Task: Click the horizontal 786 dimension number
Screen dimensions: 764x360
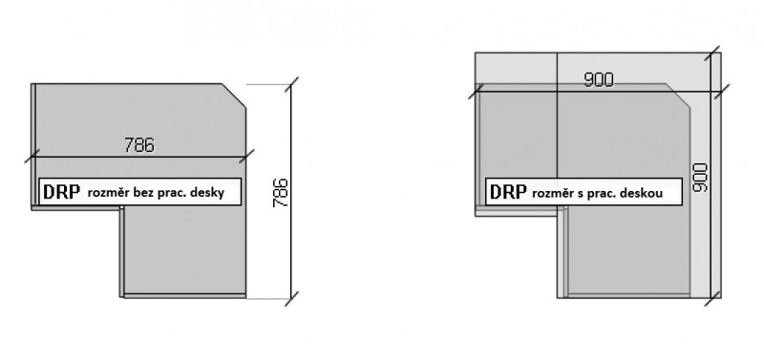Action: pos(139,145)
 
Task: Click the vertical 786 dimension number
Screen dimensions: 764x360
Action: pos(281,194)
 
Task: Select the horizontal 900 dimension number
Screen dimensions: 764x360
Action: pos(599,80)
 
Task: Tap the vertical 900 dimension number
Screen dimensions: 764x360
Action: pos(700,178)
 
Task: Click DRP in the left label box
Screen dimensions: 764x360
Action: pos(61,192)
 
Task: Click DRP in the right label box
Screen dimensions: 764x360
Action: pos(508,192)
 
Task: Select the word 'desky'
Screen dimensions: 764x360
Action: pos(207,193)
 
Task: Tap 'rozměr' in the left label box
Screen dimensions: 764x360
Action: pos(110,193)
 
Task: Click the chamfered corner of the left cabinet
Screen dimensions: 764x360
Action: pos(234,95)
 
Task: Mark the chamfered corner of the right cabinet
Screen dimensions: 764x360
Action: pos(678,95)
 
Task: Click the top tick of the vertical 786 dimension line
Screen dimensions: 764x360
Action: pos(291,84)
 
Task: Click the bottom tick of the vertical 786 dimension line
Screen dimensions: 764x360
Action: pos(291,299)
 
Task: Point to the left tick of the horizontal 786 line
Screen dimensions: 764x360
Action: pos(32,157)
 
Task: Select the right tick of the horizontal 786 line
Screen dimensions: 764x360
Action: pos(246,157)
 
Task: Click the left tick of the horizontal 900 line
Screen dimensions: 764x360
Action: pos(476,91)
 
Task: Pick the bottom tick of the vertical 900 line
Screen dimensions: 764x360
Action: pos(711,299)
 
